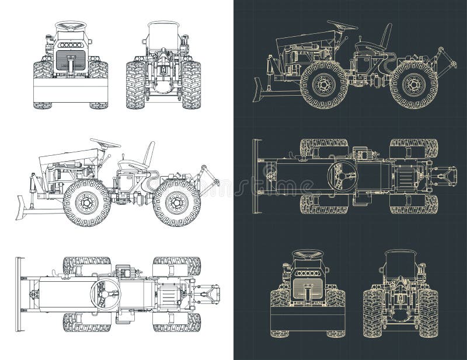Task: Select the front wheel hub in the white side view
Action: tap(86, 202)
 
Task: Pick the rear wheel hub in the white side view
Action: tap(174, 202)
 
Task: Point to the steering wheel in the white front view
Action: tap(70, 26)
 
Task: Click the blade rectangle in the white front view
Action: tap(71, 90)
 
